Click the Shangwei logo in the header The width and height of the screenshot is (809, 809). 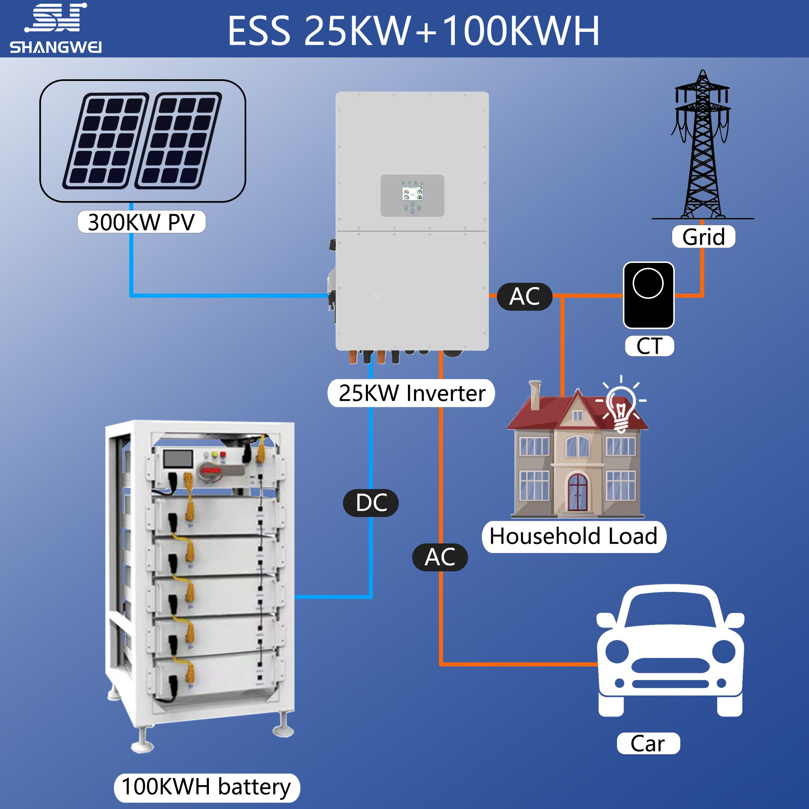[56, 28]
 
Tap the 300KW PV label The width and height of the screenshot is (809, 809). [142, 222]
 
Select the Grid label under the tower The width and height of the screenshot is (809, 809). [703, 237]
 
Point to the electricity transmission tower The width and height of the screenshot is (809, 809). [703, 147]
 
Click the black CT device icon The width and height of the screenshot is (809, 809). [648, 295]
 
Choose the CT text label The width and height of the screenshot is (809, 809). [649, 346]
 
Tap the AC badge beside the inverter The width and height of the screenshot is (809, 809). [524, 296]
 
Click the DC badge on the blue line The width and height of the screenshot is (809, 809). [371, 502]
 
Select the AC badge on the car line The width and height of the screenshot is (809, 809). [440, 557]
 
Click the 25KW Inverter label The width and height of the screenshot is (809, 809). [411, 393]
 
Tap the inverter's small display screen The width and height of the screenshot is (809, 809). [412, 194]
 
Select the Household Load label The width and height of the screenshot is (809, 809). [574, 536]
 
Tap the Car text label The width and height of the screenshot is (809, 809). [648, 744]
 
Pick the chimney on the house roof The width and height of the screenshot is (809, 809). [535, 395]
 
